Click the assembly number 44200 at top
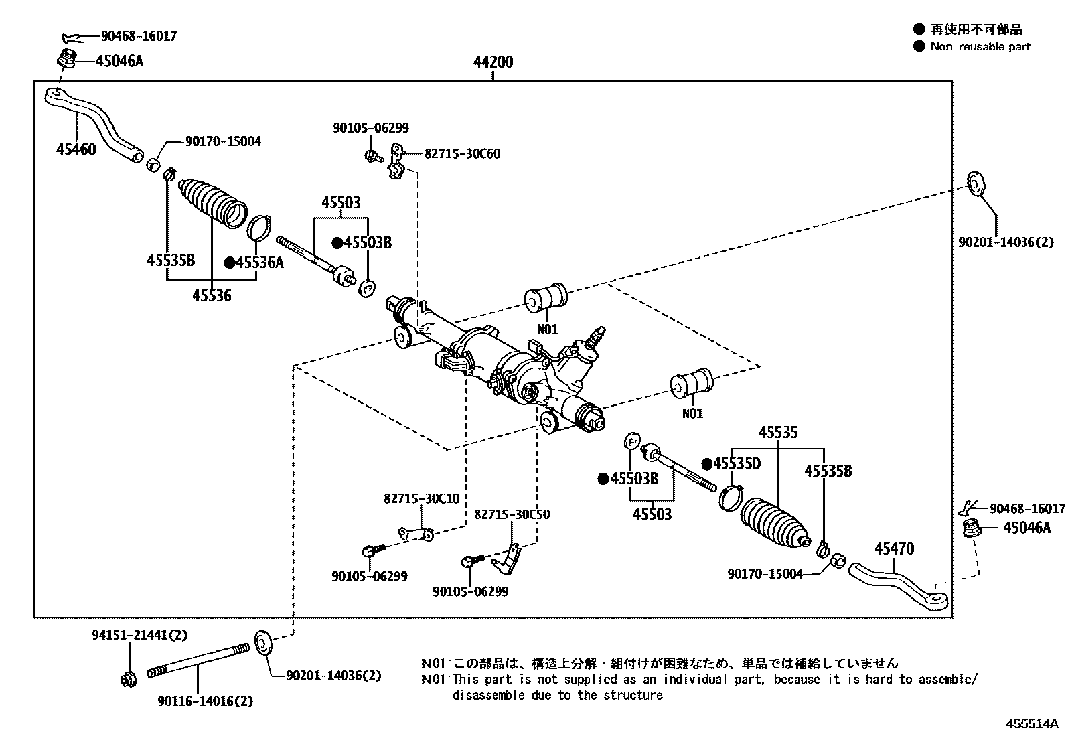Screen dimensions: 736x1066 pyautogui.click(x=493, y=62)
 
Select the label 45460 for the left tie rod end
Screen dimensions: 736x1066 pyautogui.click(x=75, y=149)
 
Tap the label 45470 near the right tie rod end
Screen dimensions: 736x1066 pyautogui.click(x=894, y=549)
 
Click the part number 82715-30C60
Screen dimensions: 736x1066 pyautogui.click(x=462, y=154)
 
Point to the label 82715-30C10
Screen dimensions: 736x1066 pyautogui.click(x=421, y=499)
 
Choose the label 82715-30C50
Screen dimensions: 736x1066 pyautogui.click(x=512, y=514)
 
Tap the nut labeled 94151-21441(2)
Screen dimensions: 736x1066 pyautogui.click(x=127, y=679)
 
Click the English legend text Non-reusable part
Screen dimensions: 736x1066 pyautogui.click(x=980, y=46)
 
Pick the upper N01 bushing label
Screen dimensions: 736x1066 pyautogui.click(x=546, y=329)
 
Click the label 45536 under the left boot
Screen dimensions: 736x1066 pyautogui.click(x=212, y=295)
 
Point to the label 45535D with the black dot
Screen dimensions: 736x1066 pyautogui.click(x=737, y=464)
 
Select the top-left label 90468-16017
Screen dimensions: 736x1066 pyautogui.click(x=139, y=36)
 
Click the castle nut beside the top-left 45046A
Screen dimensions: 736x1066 pyautogui.click(x=66, y=60)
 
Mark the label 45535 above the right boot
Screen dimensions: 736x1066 pyautogui.click(x=778, y=433)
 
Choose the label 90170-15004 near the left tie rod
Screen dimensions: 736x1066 pyautogui.click(x=223, y=141)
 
